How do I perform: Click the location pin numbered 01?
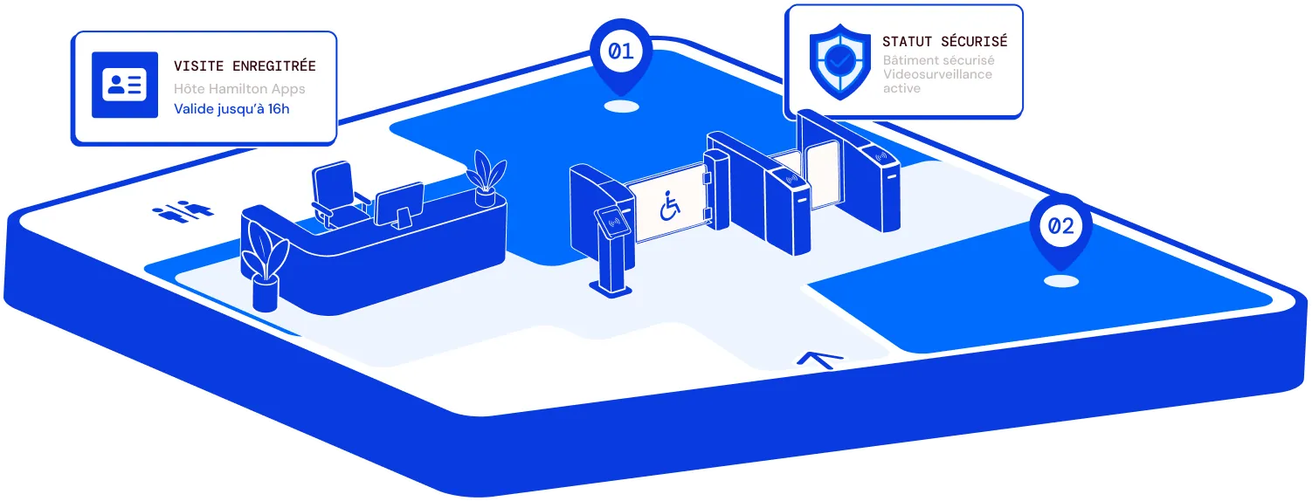(621, 56)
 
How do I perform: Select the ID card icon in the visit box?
(125, 85)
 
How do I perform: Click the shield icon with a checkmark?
(840, 61)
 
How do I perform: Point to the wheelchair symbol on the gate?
(670, 206)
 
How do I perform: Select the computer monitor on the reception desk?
(401, 205)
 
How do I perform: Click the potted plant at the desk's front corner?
(265, 265)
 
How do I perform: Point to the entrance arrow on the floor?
(820, 360)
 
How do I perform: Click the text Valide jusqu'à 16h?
(231, 109)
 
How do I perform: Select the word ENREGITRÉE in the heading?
(274, 65)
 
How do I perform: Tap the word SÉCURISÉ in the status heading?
(974, 41)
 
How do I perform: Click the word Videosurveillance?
(937, 74)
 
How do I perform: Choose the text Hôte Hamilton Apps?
(239, 89)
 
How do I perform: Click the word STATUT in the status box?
(907, 42)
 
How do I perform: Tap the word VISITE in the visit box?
(198, 66)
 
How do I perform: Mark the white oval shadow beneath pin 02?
(1061, 282)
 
